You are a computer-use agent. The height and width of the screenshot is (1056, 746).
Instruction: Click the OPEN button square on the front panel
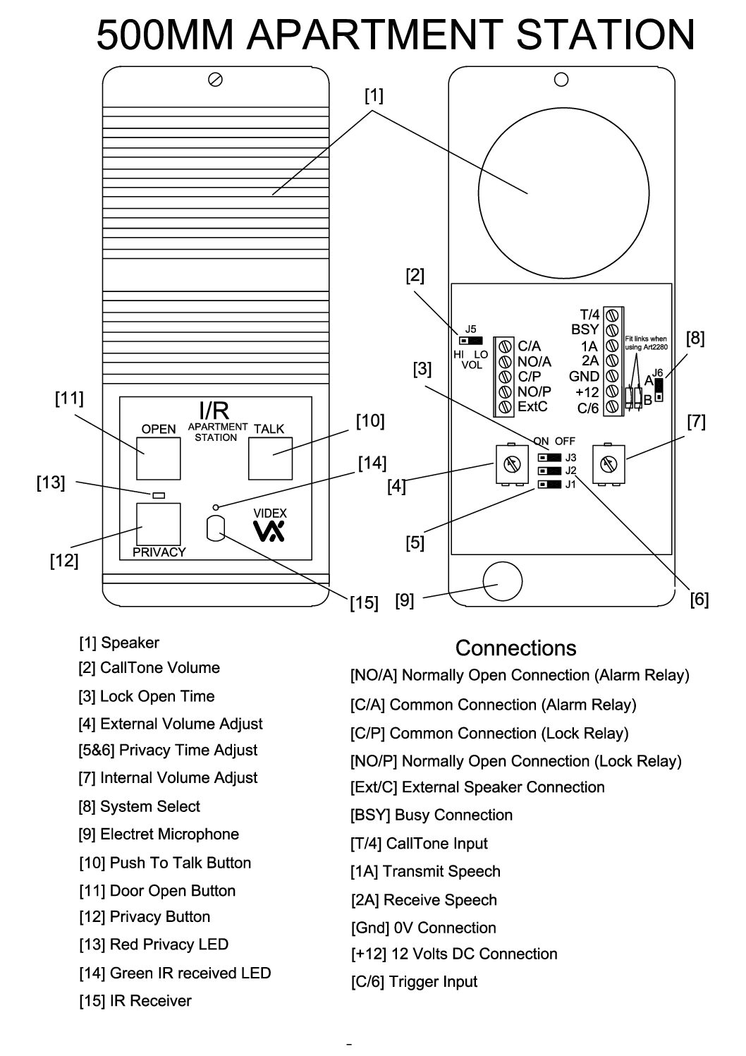click(x=159, y=459)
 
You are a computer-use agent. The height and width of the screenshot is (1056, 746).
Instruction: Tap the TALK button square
click(x=270, y=459)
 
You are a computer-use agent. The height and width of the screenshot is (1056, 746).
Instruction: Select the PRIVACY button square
click(x=159, y=523)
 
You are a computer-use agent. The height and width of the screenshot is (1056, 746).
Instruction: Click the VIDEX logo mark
click(x=269, y=531)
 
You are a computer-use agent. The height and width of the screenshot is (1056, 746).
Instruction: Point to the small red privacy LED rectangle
click(x=159, y=495)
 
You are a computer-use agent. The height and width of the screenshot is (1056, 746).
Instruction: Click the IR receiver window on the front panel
click(x=215, y=528)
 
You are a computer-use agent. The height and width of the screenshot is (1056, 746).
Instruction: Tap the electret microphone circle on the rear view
click(x=502, y=581)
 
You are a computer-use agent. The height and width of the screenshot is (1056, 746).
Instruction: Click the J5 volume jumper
click(x=471, y=340)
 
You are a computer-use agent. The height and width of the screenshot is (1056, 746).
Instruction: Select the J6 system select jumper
click(x=659, y=390)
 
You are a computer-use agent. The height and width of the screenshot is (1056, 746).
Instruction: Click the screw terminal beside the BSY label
click(x=612, y=329)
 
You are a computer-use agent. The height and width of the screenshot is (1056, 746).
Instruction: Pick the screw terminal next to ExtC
click(x=505, y=406)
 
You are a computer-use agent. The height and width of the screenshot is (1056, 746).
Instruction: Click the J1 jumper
click(x=549, y=484)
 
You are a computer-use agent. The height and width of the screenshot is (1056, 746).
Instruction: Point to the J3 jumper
click(x=549, y=457)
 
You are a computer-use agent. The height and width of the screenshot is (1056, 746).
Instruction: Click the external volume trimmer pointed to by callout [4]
click(x=512, y=464)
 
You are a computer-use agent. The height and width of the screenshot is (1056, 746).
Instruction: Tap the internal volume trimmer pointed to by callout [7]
click(x=609, y=464)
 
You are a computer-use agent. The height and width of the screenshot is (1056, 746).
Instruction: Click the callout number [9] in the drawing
click(x=404, y=600)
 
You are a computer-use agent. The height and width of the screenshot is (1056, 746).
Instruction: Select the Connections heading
click(x=515, y=648)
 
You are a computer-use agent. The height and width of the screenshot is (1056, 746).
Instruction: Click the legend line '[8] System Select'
click(x=139, y=806)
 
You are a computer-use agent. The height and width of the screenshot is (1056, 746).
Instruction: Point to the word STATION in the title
click(x=606, y=35)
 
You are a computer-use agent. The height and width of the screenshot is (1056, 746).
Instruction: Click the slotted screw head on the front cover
click(x=215, y=80)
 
